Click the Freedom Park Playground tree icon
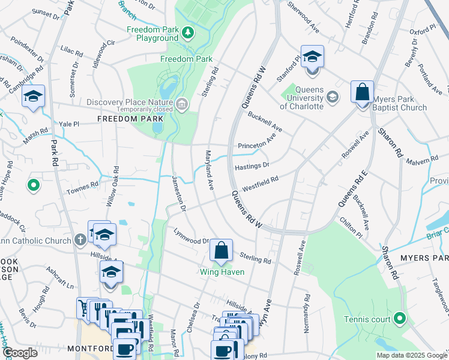coord(188,32)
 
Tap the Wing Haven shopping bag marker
coord(221,251)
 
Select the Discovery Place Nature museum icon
coord(182,106)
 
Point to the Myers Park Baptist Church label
coord(400,103)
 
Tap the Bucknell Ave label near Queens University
coord(265,121)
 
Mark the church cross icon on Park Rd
coord(81,241)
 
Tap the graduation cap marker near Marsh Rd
coord(33,97)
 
